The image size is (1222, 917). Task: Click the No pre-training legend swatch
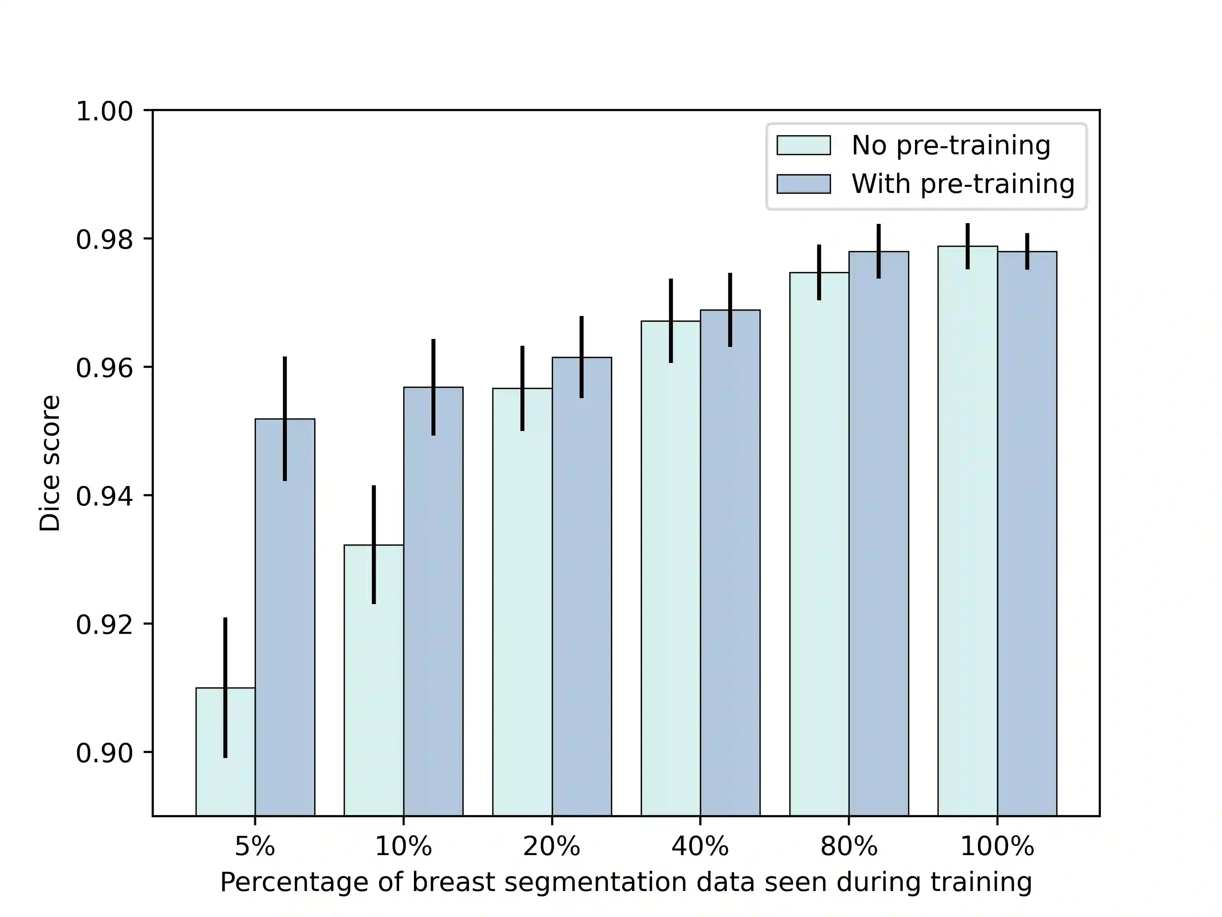tap(803, 145)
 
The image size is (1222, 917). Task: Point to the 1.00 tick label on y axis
tap(104, 112)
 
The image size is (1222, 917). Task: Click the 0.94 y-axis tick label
tap(104, 496)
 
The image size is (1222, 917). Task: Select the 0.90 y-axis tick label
tap(104, 753)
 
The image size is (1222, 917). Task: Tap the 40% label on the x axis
tap(700, 847)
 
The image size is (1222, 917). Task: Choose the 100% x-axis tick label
tap(997, 847)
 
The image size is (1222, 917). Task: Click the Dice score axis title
tap(50, 463)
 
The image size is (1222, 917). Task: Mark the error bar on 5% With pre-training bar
tap(285, 418)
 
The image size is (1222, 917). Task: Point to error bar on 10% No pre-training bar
tap(373, 544)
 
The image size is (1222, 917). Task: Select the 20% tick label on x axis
tap(551, 847)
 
